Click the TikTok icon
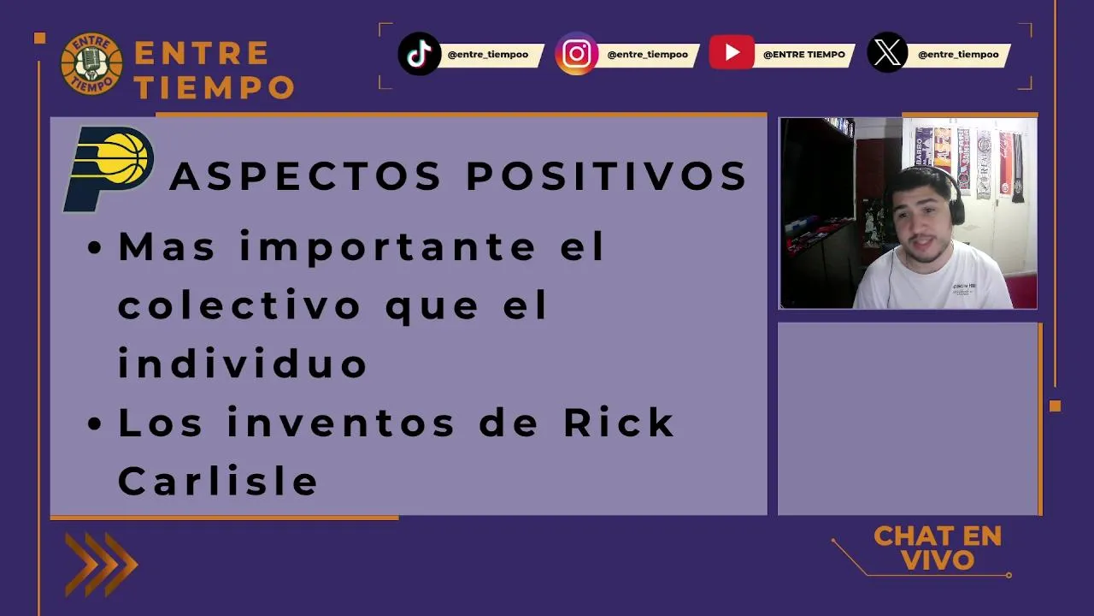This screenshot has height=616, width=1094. pyautogui.click(x=419, y=54)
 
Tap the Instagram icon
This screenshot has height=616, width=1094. pyautogui.click(x=576, y=54)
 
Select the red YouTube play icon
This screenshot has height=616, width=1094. pyautogui.click(x=731, y=52)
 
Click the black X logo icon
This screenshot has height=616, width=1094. pyautogui.click(x=887, y=52)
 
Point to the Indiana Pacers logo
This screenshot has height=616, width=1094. pyautogui.click(x=109, y=169)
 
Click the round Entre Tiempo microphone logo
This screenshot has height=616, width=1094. pyautogui.click(x=91, y=64)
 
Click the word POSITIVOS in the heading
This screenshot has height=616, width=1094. pyautogui.click(x=606, y=175)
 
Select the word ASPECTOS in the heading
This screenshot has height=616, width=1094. pyautogui.click(x=306, y=175)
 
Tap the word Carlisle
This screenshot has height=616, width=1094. pyautogui.click(x=218, y=481)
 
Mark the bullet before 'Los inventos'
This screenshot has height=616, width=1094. pyautogui.click(x=94, y=423)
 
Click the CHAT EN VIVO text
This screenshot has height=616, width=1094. pyautogui.click(x=938, y=548)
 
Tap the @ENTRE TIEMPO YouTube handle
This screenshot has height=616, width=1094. pyautogui.click(x=804, y=54)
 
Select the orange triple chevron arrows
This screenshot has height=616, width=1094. pyautogui.click(x=102, y=565)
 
